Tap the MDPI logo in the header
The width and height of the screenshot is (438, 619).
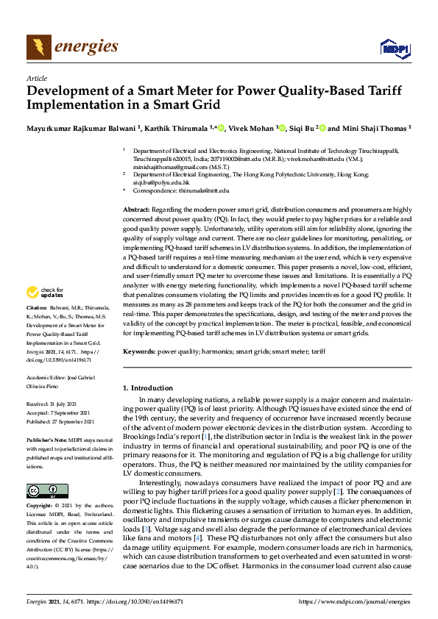[394, 49]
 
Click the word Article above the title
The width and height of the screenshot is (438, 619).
[36, 78]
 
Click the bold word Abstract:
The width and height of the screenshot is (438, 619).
[136, 210]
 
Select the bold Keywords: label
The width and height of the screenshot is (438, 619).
[139, 352]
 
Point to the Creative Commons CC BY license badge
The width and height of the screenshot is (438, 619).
[42, 490]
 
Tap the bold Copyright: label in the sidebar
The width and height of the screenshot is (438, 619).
[41, 507]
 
